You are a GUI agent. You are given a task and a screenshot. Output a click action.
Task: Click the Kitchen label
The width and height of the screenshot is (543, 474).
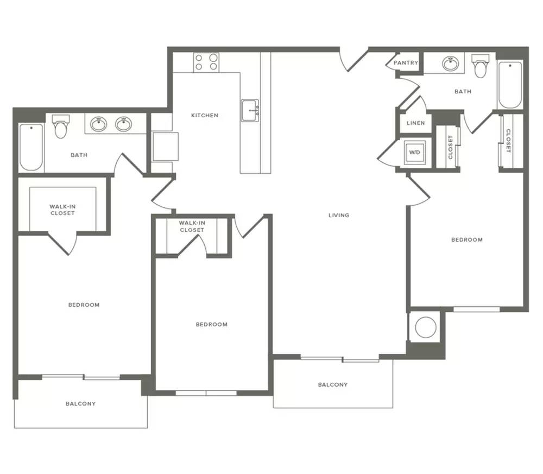(x=205, y=115)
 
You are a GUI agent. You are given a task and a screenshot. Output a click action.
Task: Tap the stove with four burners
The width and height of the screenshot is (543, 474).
(x=206, y=62)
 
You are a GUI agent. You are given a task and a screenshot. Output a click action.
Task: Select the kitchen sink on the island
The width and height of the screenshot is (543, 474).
(x=250, y=110)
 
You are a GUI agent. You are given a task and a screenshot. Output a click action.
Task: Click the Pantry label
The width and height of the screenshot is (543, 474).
(x=406, y=62)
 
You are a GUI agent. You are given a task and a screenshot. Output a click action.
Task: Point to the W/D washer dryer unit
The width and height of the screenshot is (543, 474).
(x=414, y=153)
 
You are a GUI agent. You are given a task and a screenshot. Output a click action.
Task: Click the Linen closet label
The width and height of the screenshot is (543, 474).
(x=415, y=123)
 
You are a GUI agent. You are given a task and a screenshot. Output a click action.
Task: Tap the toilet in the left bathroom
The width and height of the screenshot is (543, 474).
(x=61, y=127)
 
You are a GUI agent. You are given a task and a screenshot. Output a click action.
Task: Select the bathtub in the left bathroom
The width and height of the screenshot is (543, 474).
(x=31, y=147)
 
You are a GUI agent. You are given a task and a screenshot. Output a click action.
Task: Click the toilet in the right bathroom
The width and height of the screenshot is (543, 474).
(x=481, y=66)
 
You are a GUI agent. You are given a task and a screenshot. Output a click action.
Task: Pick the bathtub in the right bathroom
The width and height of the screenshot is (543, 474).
(x=509, y=85)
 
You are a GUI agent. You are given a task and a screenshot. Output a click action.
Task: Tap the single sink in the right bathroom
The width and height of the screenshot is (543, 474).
(x=451, y=64)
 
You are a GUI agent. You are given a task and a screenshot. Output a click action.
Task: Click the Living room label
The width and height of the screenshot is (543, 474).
(x=339, y=216)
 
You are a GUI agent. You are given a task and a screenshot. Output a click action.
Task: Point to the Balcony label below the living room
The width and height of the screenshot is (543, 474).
(x=333, y=384)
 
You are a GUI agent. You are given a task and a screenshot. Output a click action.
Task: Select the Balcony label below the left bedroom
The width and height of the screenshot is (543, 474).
(x=81, y=404)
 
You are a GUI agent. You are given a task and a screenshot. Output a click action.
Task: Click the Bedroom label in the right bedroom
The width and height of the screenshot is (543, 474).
(x=467, y=239)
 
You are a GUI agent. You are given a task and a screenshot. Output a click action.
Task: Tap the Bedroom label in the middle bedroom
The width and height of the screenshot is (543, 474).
(x=212, y=325)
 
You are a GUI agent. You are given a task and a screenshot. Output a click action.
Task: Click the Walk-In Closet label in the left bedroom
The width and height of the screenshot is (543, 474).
(x=62, y=210)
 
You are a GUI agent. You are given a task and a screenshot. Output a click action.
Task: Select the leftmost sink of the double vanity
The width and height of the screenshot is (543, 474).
(x=98, y=124)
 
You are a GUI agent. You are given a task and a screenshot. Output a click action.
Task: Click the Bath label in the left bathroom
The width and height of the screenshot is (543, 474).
(x=79, y=155)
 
